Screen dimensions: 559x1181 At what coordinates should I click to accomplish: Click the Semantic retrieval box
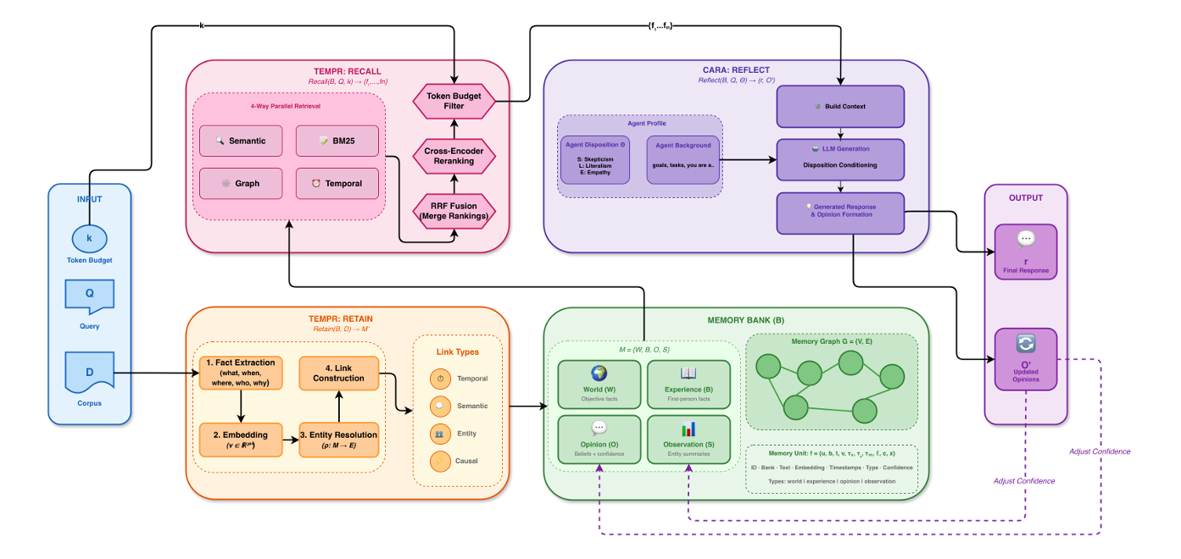(x=241, y=141)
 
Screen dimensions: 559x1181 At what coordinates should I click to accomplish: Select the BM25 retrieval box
(x=337, y=141)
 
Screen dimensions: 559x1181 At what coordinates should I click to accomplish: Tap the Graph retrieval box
(x=241, y=183)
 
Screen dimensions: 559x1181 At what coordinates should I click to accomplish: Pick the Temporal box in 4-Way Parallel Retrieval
(x=337, y=183)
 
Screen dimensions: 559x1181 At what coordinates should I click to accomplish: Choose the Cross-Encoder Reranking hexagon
(x=454, y=155)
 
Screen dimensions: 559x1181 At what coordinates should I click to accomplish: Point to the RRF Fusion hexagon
(x=454, y=210)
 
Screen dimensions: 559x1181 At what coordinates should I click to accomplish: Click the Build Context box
(x=840, y=107)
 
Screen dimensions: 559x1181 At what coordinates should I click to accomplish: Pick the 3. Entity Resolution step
(x=338, y=440)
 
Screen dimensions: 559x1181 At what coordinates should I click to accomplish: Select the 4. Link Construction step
(x=338, y=373)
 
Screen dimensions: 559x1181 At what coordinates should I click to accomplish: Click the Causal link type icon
(x=440, y=461)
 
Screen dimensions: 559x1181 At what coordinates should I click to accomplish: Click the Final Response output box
(x=1025, y=252)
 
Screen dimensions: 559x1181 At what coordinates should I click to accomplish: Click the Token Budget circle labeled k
(x=89, y=238)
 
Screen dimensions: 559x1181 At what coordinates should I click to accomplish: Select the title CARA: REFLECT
(x=736, y=69)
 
